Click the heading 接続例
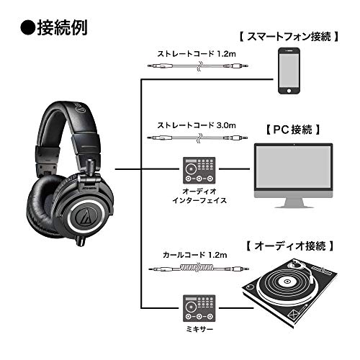point(62,27)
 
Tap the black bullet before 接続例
point(28,28)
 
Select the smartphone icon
point(289,71)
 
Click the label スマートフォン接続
point(289,37)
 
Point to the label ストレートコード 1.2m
point(197,54)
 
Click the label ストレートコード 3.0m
point(197,125)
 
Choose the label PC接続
point(293,130)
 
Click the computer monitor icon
point(294,176)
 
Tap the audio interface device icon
point(199,171)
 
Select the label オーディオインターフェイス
point(199,196)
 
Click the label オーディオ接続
point(290,246)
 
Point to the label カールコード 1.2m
point(195,255)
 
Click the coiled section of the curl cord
point(199,268)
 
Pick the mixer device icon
point(199,308)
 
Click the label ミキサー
point(199,329)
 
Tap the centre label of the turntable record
point(287,282)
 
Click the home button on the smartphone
point(289,91)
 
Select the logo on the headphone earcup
point(86,216)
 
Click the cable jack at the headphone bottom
point(81,240)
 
